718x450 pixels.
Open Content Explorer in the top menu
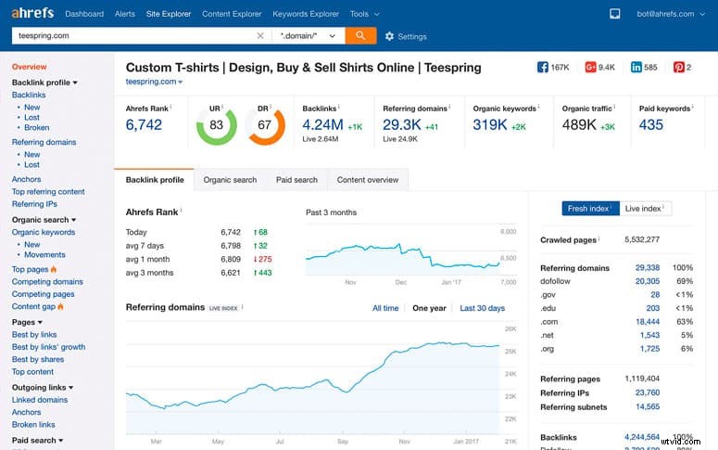232,14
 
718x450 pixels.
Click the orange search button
360,35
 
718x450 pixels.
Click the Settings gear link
406,36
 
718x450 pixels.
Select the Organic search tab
230,180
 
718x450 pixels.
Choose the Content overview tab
368,180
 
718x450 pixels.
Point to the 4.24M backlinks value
323,124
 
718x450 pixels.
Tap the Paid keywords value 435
651,124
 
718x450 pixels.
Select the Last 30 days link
482,308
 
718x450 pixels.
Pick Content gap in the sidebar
33,306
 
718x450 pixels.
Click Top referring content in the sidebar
48,192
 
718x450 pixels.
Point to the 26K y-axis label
510,329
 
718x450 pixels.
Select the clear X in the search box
259,35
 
